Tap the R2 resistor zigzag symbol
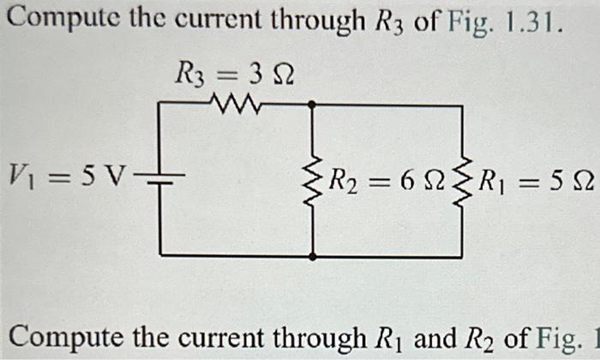pos(314,179)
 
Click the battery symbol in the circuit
pos(160,179)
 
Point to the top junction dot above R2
pos(314,104)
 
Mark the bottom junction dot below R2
pos(314,255)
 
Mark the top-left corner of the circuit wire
pos(160,104)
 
